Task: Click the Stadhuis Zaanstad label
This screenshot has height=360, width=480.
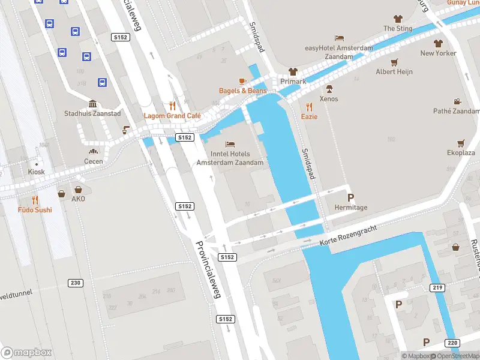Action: pyautogui.click(x=92, y=113)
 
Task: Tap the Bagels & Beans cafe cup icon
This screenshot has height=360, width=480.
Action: pyautogui.click(x=242, y=80)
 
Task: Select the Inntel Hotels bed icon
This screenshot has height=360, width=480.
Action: pyautogui.click(x=229, y=144)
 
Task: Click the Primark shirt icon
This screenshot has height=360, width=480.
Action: pyautogui.click(x=293, y=71)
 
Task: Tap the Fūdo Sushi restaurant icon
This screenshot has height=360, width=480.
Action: pyautogui.click(x=34, y=200)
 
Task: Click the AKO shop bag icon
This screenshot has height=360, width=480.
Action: pyautogui.click(x=61, y=194)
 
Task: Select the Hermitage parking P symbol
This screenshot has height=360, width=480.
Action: pyautogui.click(x=350, y=197)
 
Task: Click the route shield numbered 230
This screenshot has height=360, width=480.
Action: pyautogui.click(x=76, y=283)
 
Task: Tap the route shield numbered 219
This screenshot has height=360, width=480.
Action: pyautogui.click(x=437, y=288)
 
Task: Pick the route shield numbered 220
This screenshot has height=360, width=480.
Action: pyautogui.click(x=452, y=343)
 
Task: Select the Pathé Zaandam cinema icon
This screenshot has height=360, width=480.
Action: pyautogui.click(x=457, y=101)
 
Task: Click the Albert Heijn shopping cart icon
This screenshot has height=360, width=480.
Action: pyautogui.click(x=394, y=62)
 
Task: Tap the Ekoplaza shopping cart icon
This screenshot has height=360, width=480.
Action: pyautogui.click(x=461, y=143)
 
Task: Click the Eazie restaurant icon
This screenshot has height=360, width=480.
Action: pyautogui.click(x=309, y=107)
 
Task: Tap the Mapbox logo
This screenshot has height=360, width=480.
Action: pyautogui.click(x=26, y=352)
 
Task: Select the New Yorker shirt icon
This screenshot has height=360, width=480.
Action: pyautogui.click(x=438, y=43)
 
